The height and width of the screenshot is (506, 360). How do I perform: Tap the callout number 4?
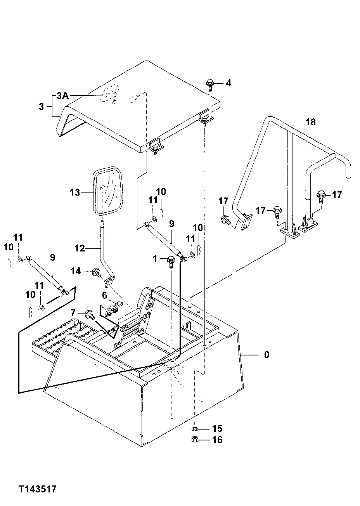pyautogui.click(x=228, y=83)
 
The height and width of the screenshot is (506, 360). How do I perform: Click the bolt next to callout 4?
pyautogui.click(x=210, y=83)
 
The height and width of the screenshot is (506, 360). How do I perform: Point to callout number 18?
pyautogui.click(x=310, y=122)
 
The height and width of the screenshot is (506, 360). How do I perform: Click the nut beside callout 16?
pyautogui.click(x=196, y=440)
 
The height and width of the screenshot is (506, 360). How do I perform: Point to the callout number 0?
pyautogui.click(x=266, y=355)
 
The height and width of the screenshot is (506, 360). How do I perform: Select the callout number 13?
pyautogui.click(x=75, y=192)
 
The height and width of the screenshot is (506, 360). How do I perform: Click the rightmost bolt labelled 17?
pyautogui.click(x=321, y=195)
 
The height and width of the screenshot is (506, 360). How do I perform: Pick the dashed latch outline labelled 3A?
pyautogui.click(x=109, y=95)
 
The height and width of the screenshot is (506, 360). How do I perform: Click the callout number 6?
pyautogui.click(x=104, y=295)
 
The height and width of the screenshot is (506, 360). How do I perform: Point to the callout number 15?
pyautogui.click(x=217, y=428)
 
